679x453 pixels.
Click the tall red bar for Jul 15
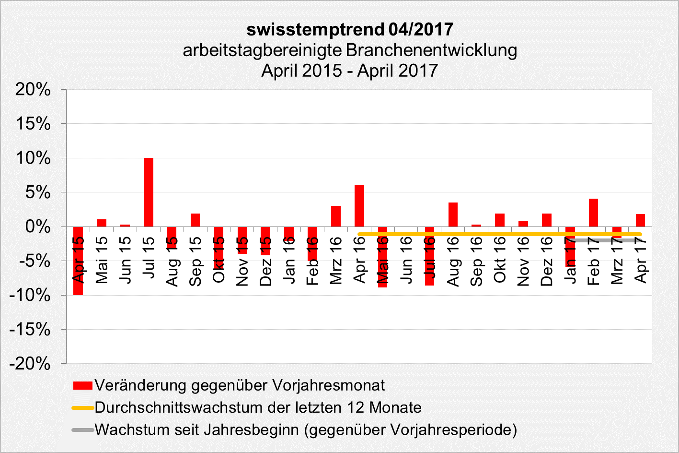(x=149, y=192)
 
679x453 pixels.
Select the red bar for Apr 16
(x=359, y=205)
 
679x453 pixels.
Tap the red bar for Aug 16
(x=453, y=215)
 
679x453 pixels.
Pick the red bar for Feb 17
(x=593, y=213)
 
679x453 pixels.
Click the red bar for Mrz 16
(x=336, y=216)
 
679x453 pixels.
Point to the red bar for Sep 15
(x=195, y=220)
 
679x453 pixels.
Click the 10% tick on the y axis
(x=33, y=158)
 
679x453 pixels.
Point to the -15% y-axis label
(x=30, y=330)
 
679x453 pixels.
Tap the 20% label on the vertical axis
(x=33, y=89)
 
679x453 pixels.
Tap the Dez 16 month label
(x=547, y=262)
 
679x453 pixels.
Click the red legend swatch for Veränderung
(x=82, y=385)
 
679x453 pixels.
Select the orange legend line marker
(x=82, y=408)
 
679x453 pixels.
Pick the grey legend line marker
(x=82, y=429)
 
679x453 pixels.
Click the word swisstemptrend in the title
(x=315, y=29)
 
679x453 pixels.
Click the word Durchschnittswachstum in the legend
(x=175, y=407)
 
